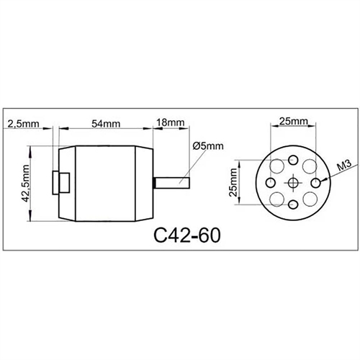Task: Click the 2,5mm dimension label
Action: (24, 124)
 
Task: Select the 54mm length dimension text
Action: (106, 124)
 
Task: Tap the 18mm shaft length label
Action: (170, 124)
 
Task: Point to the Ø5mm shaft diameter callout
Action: (207, 145)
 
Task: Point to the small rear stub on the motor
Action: (62, 182)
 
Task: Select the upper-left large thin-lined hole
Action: (277, 166)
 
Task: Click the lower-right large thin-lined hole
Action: (310, 199)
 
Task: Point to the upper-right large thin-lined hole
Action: (310, 166)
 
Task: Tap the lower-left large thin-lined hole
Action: (277, 199)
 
